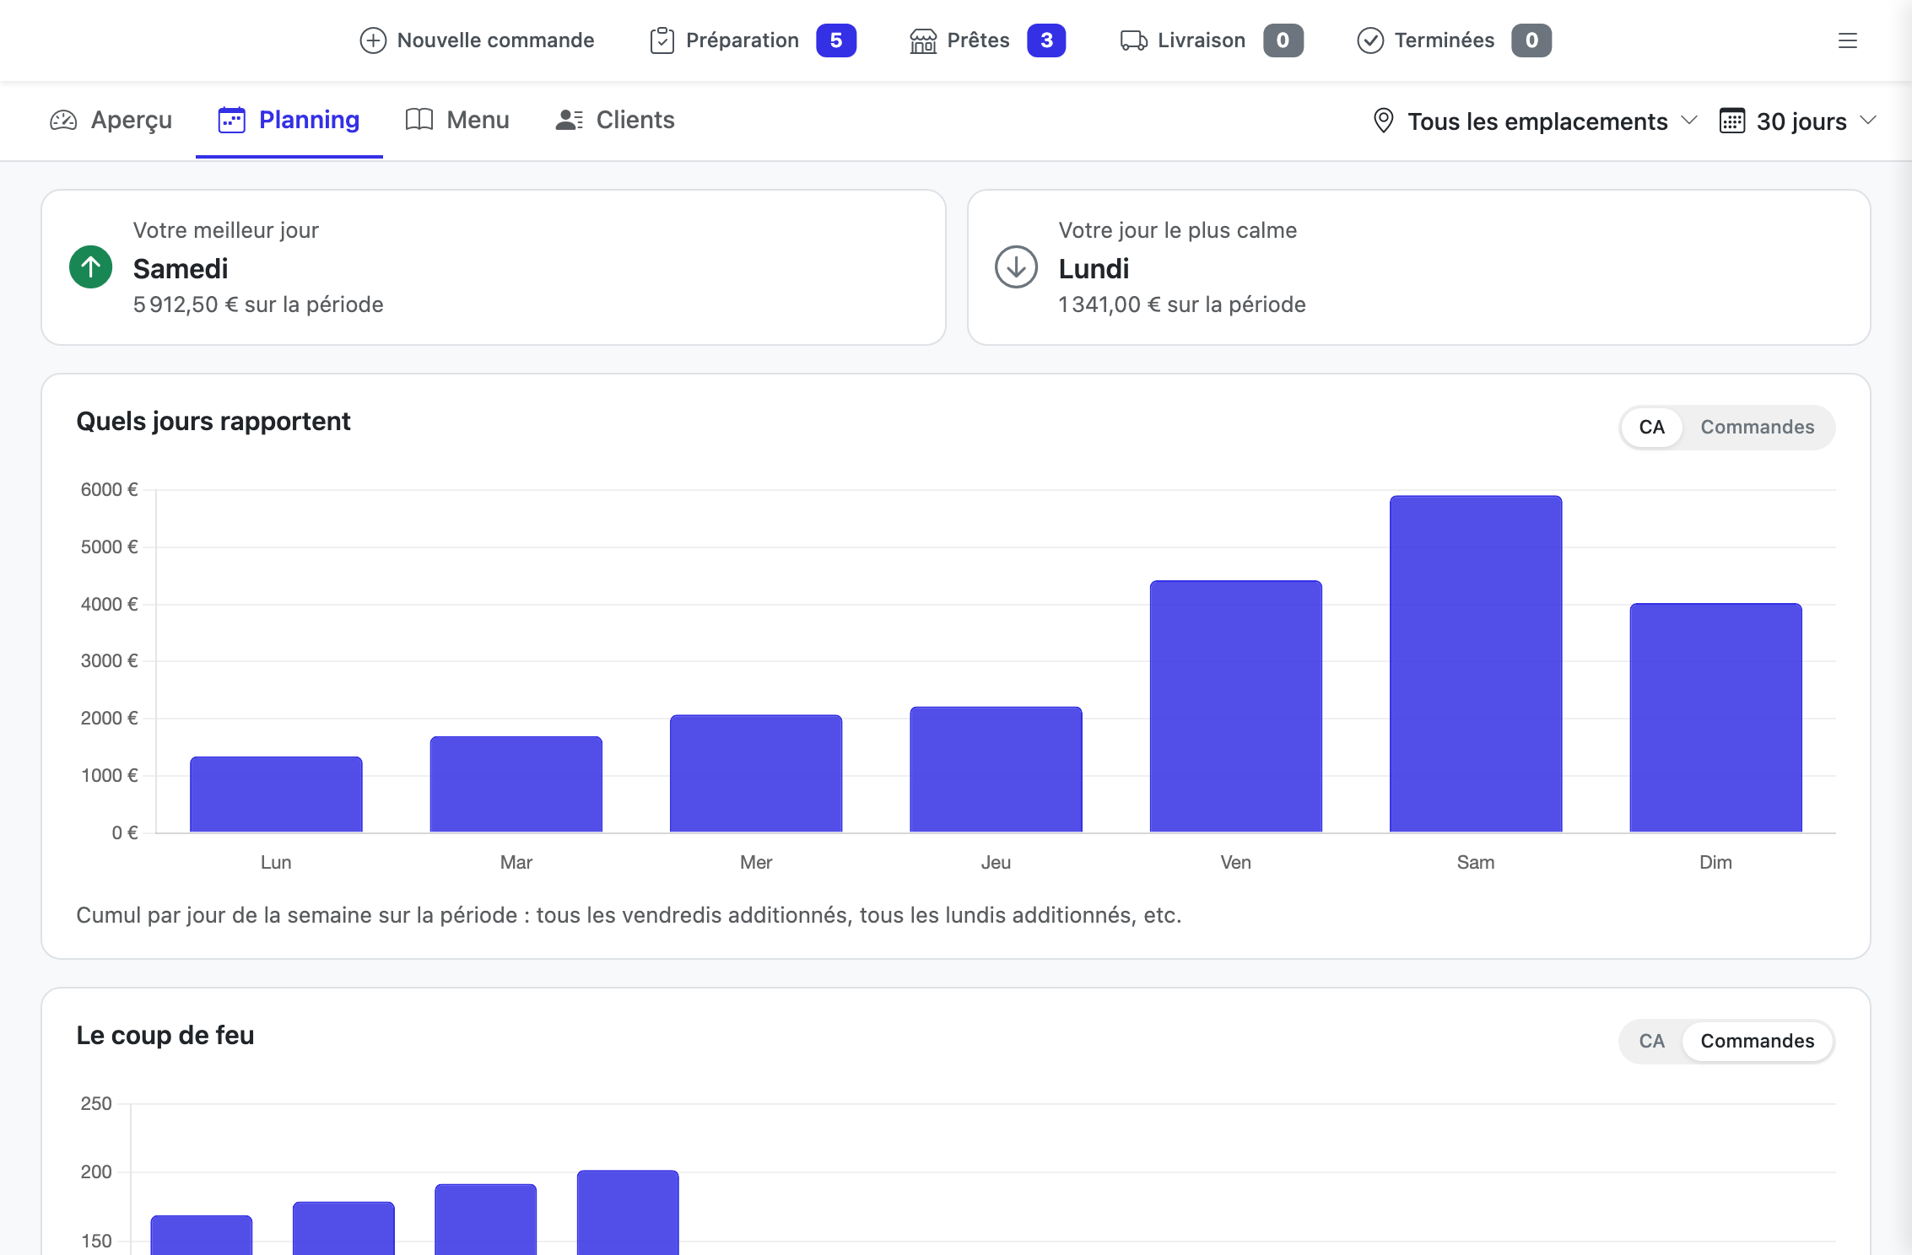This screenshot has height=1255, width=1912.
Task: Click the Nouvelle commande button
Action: pyautogui.click(x=477, y=40)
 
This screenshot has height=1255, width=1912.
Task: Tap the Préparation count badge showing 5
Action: pyautogui.click(x=836, y=40)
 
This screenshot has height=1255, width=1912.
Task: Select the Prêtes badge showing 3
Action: pyautogui.click(x=1046, y=40)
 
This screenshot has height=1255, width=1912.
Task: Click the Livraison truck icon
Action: pyautogui.click(x=1133, y=40)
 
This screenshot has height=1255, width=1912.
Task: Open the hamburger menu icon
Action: pyautogui.click(x=1848, y=40)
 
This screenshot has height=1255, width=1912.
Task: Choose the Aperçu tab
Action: pyautogui.click(x=111, y=121)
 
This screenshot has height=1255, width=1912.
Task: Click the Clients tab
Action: pyautogui.click(x=615, y=121)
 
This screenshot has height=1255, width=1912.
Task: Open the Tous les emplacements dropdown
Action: pyautogui.click(x=1535, y=121)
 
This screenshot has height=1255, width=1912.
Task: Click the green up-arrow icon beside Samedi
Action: pyautogui.click(x=91, y=267)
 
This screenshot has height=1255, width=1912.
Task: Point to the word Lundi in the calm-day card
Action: pyautogui.click(x=1094, y=269)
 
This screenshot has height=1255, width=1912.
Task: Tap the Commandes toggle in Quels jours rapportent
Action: pyautogui.click(x=1758, y=427)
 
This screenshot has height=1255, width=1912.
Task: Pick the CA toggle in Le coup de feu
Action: pyautogui.click(x=1652, y=1041)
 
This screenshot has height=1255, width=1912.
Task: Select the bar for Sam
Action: pyautogui.click(x=1476, y=664)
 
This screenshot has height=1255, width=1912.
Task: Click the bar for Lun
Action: pyautogui.click(x=276, y=794)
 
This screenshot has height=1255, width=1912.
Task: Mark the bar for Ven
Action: pyautogui.click(x=1236, y=706)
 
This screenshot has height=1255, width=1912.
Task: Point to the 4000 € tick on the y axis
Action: pyautogui.click(x=110, y=604)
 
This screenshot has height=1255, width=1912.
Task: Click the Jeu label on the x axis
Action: pyautogui.click(x=996, y=862)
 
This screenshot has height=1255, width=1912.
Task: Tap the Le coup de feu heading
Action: pyautogui.click(x=165, y=1035)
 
